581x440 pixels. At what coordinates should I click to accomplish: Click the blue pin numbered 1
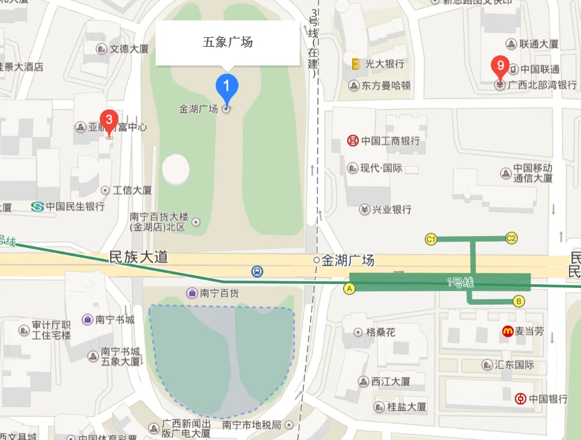pyautogui.click(x=227, y=86)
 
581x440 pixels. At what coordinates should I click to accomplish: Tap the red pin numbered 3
pyautogui.click(x=109, y=120)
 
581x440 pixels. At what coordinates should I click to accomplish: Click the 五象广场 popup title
pyautogui.click(x=227, y=42)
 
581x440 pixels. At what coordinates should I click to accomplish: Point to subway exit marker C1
pyautogui.click(x=430, y=239)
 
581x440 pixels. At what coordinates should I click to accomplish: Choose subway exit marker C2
pyautogui.click(x=511, y=238)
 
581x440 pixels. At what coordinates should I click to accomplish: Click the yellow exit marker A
pyautogui.click(x=348, y=289)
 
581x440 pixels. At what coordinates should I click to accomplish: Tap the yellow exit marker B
pyautogui.click(x=519, y=301)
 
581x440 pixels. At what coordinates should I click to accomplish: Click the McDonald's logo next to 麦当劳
pyautogui.click(x=508, y=331)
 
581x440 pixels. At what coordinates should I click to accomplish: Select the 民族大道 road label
pyautogui.click(x=138, y=258)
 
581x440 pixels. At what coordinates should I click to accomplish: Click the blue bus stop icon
pyautogui.click(x=257, y=271)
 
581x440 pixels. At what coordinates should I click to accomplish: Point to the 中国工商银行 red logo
pyautogui.click(x=353, y=141)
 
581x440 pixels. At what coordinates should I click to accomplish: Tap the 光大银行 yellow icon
pyautogui.click(x=355, y=63)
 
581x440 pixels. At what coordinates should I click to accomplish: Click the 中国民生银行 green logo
pyautogui.click(x=37, y=207)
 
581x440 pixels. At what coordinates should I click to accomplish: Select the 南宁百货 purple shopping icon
pyautogui.click(x=192, y=293)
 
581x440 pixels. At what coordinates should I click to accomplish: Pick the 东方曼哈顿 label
pyautogui.click(x=386, y=86)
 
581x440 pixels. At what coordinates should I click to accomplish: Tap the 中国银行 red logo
pyautogui.click(x=521, y=399)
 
